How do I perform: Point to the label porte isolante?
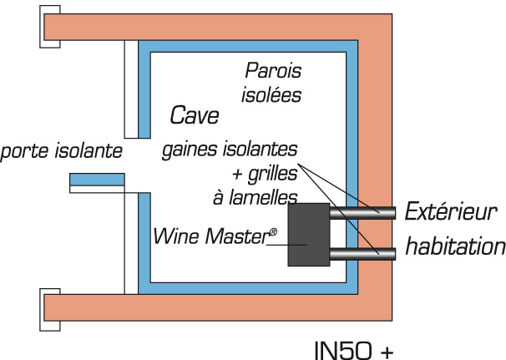click(x=63, y=151)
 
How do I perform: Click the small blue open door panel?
click(x=96, y=179)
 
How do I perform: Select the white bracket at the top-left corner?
click(x=48, y=27)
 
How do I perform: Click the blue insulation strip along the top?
click(x=250, y=45)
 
